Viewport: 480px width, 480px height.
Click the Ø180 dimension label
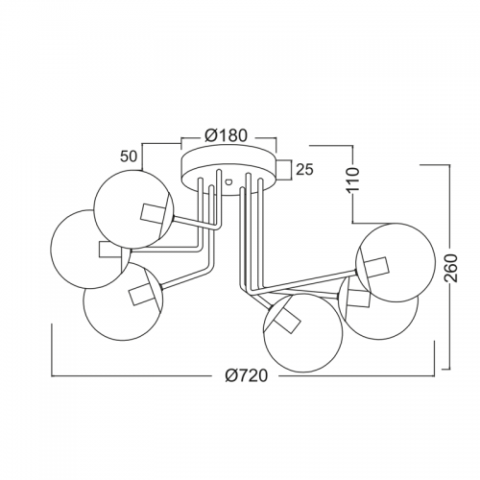coord(227,135)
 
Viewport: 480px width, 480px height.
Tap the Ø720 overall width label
coord(246,375)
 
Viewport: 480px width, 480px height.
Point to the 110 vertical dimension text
coord(354,179)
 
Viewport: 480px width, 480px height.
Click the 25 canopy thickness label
coord(304,170)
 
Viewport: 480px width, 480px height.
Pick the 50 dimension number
coord(129,156)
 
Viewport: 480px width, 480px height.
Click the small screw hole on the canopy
coord(228,181)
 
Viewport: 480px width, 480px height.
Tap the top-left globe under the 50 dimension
coord(94,208)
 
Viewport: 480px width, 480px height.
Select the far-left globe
coord(51,250)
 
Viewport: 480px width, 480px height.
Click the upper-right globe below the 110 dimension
coord(435,262)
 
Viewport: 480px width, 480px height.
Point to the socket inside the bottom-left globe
coord(141,294)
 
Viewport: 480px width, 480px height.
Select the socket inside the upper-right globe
coord(378,267)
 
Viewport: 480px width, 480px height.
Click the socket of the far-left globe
coord(110,249)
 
